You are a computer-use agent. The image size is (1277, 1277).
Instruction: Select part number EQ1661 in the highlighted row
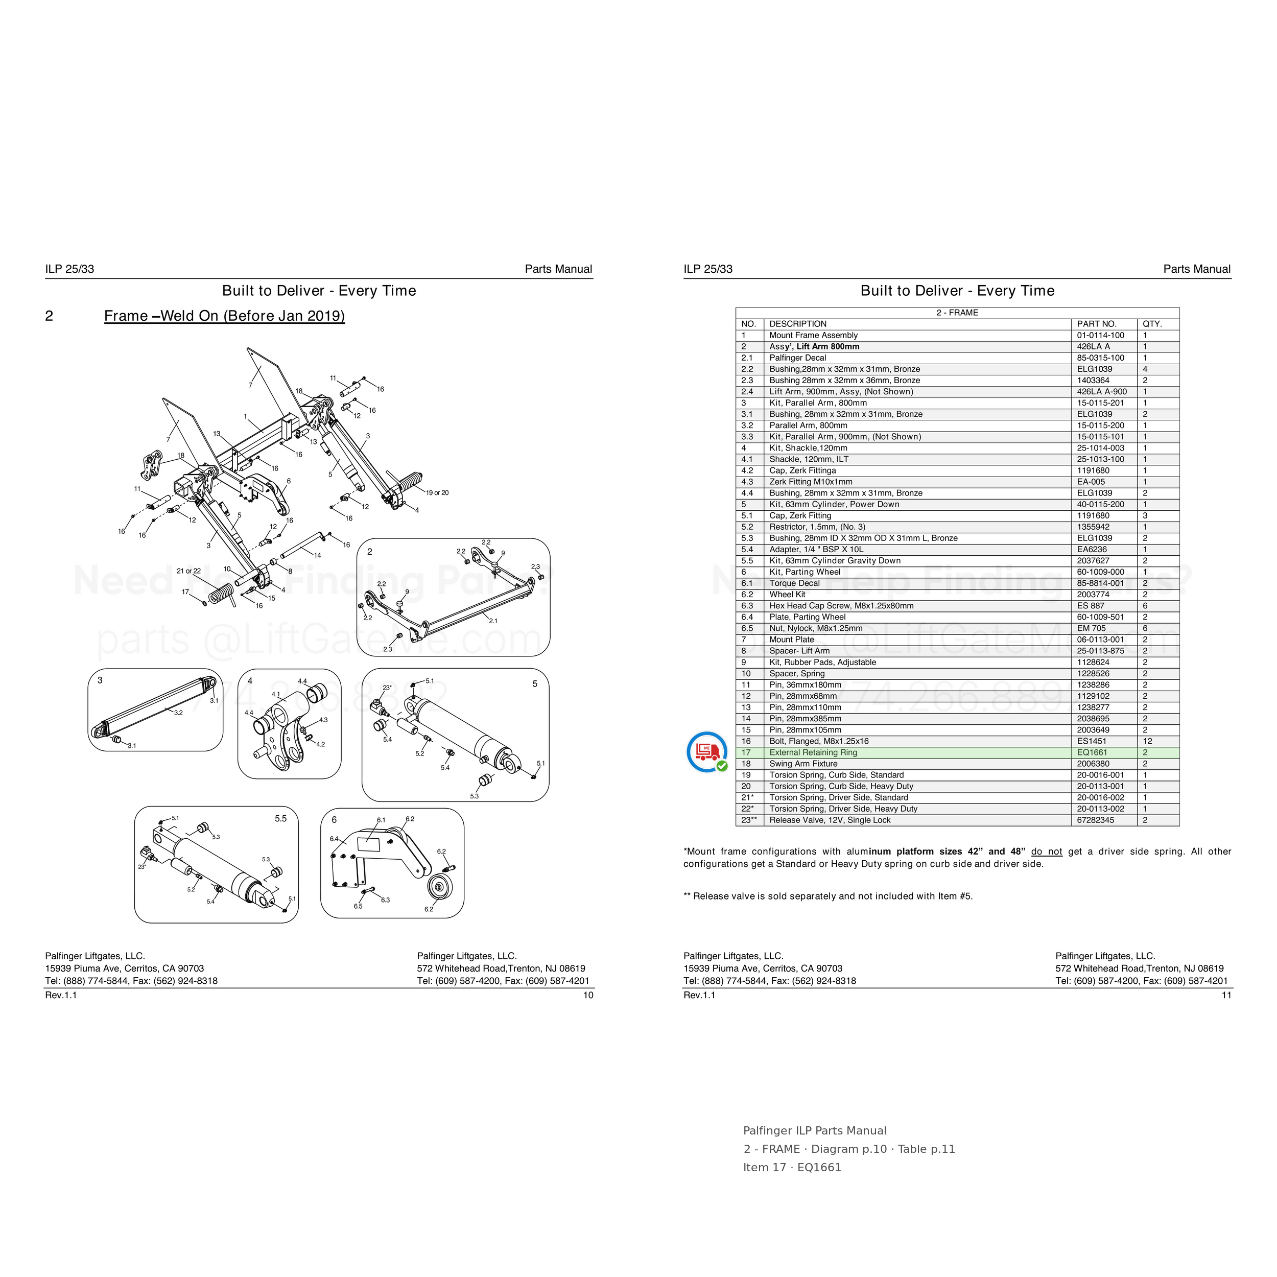coord(1092,752)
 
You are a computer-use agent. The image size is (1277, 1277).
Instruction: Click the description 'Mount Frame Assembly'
coord(813,335)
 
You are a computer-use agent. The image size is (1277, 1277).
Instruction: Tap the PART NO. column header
coord(1097,324)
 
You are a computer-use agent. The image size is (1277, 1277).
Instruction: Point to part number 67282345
coord(1095,820)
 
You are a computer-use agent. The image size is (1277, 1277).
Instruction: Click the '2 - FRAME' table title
coord(957,313)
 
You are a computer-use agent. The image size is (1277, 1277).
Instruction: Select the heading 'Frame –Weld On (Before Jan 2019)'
coord(225,316)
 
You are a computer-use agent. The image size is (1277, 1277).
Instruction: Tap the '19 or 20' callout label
coord(437,492)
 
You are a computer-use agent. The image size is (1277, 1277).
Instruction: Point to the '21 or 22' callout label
coord(188,571)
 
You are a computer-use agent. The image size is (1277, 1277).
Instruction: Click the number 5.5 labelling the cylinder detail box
coord(281,818)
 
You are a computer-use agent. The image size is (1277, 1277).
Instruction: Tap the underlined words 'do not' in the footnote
coord(1046,852)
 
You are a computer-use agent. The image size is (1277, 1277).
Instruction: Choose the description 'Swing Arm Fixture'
coord(803,764)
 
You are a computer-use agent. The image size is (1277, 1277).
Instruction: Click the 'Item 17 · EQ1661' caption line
coord(792,1167)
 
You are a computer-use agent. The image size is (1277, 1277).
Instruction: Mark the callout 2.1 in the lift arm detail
coord(493,621)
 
